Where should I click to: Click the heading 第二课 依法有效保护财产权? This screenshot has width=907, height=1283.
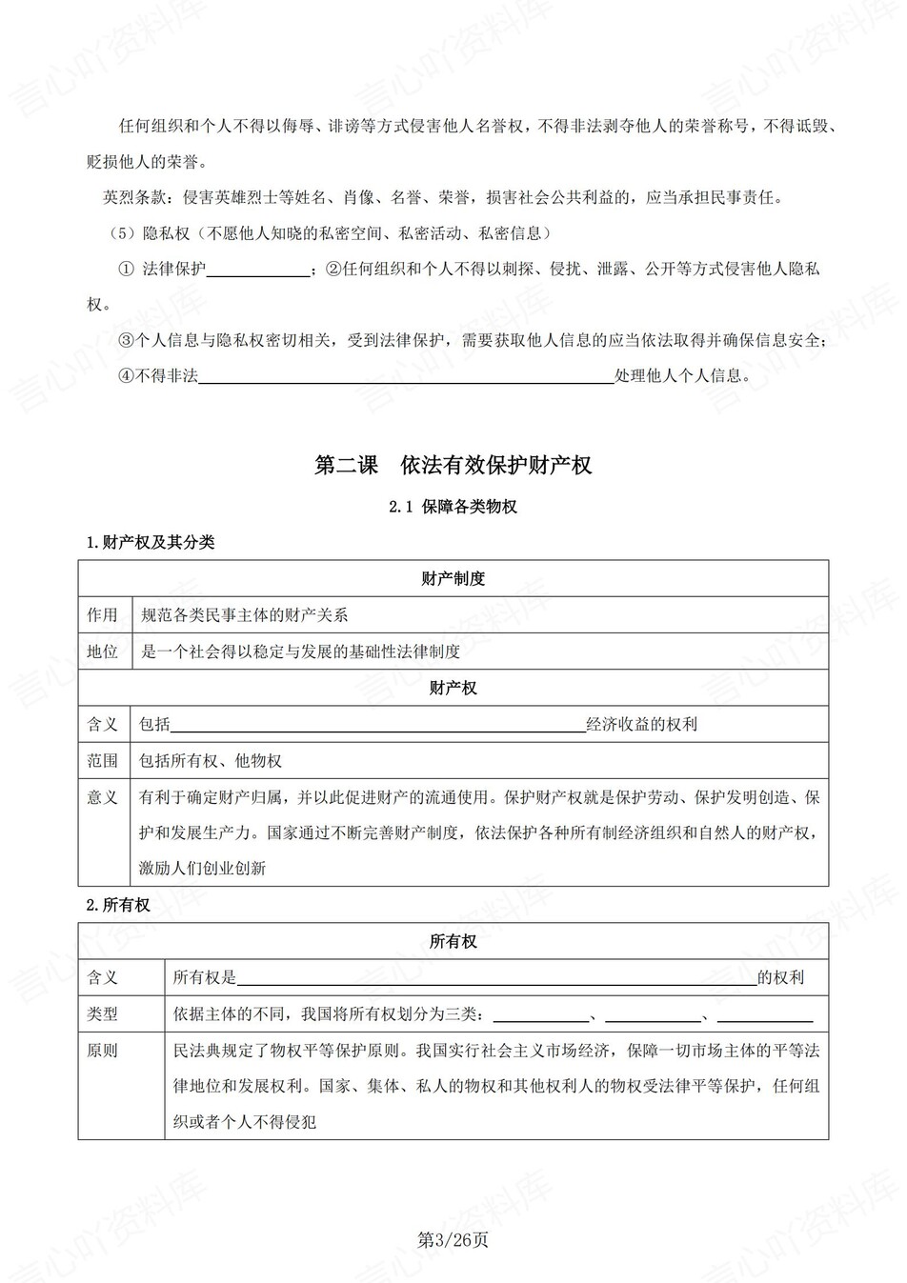[453, 465]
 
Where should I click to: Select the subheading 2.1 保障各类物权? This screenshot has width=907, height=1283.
[453, 507]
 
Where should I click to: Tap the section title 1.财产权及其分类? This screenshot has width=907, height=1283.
[151, 542]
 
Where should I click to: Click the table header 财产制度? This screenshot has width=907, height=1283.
[453, 578]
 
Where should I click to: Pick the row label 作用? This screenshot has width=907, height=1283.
[103, 615]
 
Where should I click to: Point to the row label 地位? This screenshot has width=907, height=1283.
[103, 652]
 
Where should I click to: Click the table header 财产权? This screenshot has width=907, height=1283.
[453, 688]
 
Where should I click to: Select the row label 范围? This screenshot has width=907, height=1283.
[103, 760]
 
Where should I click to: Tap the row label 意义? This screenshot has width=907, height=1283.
[103, 797]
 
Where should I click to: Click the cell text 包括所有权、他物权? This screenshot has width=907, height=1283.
[211, 760]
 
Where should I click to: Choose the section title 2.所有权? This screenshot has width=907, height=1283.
[118, 905]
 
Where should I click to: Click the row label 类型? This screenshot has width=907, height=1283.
[103, 1013]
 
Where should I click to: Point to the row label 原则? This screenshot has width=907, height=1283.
[103, 1051]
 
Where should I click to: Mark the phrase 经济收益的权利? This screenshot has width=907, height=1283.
[642, 724]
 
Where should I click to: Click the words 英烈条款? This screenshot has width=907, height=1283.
[133, 197]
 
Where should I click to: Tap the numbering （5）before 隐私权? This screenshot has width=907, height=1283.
[124, 233]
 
